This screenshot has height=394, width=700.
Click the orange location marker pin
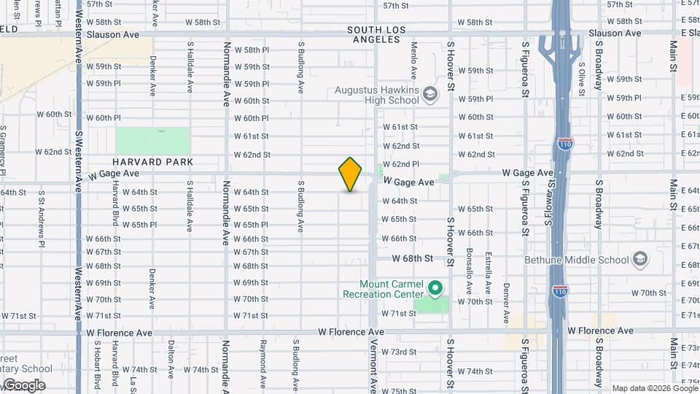pos(350,174)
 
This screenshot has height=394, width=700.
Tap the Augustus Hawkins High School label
pos(376,96)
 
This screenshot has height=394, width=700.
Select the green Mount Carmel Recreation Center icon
pos(435,288)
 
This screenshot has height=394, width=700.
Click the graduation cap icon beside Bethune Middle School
pos(639,259)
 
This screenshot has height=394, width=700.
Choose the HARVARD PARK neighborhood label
pos(152,162)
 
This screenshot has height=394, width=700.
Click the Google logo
pos(23,385)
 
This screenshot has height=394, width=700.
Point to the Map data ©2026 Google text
pos(654,388)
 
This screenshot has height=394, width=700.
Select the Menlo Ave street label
pos(413,60)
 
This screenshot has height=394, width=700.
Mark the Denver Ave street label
pos(505,303)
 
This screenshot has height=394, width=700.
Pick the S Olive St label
pos(581,74)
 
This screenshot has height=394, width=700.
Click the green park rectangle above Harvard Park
pos(152,141)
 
